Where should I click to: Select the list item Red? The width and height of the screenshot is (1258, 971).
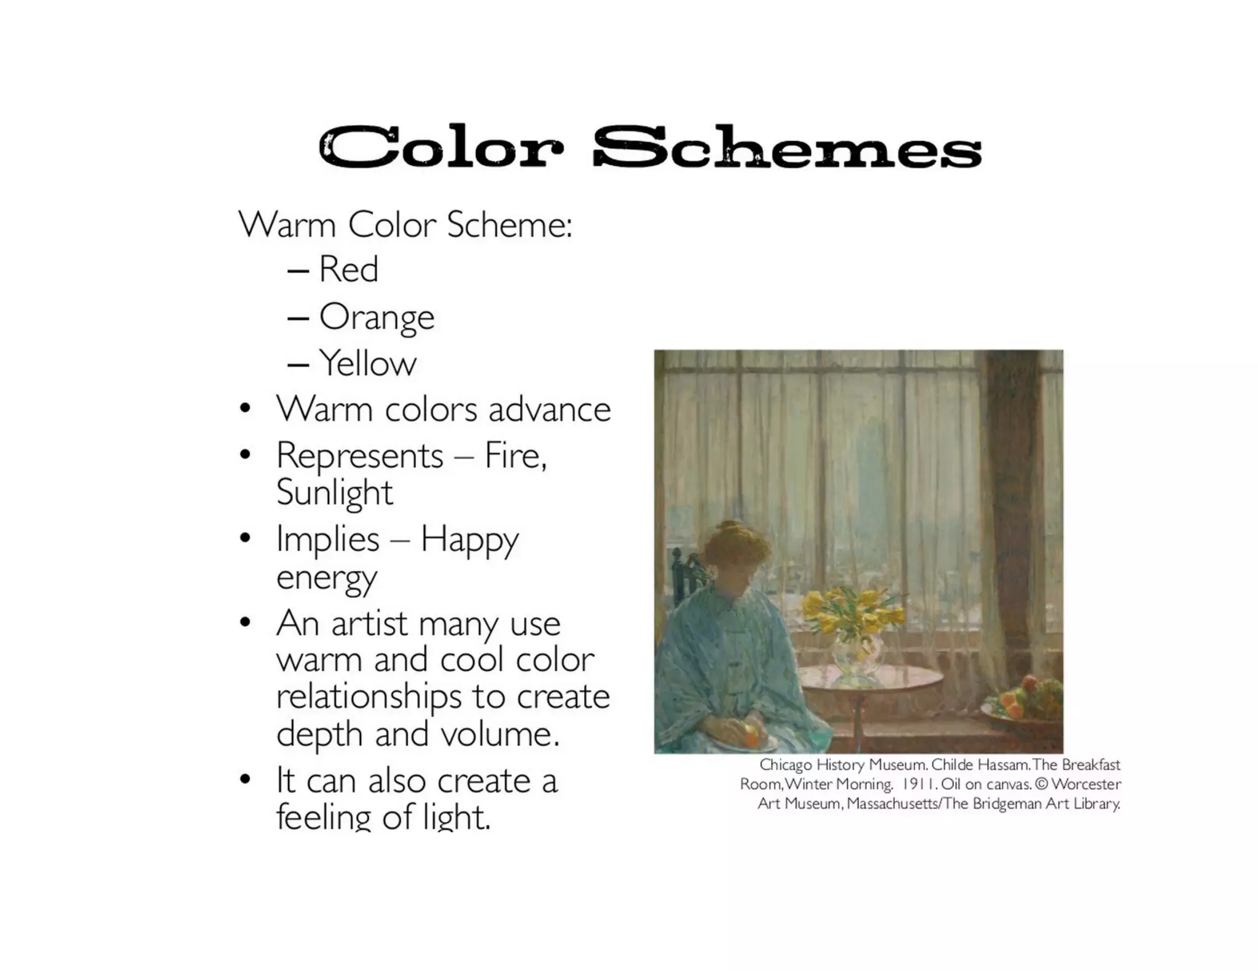348,269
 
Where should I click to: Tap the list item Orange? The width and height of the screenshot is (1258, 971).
377,317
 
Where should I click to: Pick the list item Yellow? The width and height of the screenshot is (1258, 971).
367,363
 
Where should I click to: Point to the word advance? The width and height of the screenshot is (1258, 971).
549,409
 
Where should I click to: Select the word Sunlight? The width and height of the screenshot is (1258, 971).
334,493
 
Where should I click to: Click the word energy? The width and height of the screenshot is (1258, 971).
326,578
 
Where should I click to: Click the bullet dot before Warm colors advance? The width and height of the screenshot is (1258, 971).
245,409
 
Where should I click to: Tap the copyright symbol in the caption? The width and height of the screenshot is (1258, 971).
1041,784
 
